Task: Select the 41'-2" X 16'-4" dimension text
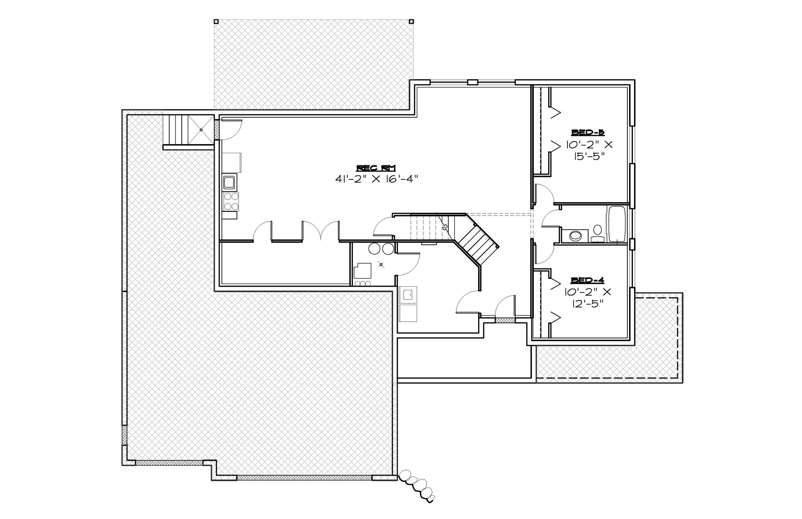click(x=377, y=179)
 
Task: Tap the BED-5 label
click(x=588, y=132)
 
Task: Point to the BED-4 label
click(x=587, y=280)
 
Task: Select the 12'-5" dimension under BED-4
click(x=587, y=304)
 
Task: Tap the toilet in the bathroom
click(x=598, y=233)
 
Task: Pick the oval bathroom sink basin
click(x=576, y=235)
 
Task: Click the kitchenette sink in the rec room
click(x=229, y=182)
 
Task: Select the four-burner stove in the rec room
click(x=230, y=201)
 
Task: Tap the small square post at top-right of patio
click(x=411, y=22)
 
